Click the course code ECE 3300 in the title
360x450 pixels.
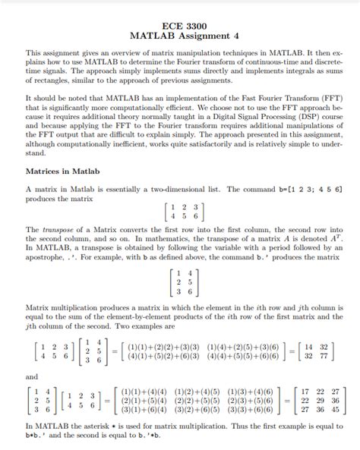pos(179,25)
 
